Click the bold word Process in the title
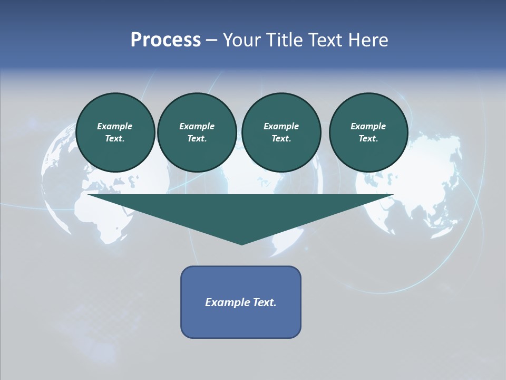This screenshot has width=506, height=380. pyautogui.click(x=166, y=40)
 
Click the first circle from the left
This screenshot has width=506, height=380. pyautogui.click(x=115, y=132)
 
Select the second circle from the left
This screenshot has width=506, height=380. pyautogui.click(x=197, y=132)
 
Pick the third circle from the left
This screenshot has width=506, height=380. pyautogui.click(x=281, y=132)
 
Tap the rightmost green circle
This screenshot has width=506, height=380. pyautogui.click(x=368, y=132)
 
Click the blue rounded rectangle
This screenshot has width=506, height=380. pyautogui.click(x=241, y=302)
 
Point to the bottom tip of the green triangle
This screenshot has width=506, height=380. pyautogui.click(x=241, y=244)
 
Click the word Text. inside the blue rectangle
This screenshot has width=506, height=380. pyautogui.click(x=264, y=302)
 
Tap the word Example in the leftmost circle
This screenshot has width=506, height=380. pyautogui.click(x=115, y=126)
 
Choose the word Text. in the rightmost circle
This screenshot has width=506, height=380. pyautogui.click(x=368, y=138)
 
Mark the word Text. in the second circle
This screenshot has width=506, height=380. pyautogui.click(x=197, y=138)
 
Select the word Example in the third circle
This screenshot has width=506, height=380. pyautogui.click(x=281, y=126)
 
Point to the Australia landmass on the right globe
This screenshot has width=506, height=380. pyautogui.click(x=445, y=219)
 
